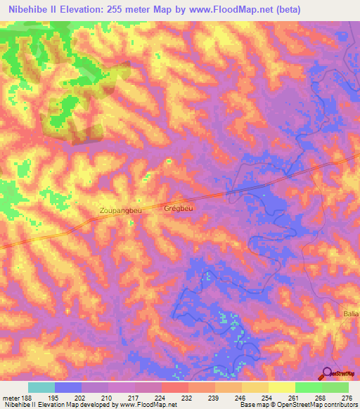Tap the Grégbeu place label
tap(178, 209)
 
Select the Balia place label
tap(350, 313)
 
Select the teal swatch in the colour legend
tap(41, 387)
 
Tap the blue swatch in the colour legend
tap(68, 387)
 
